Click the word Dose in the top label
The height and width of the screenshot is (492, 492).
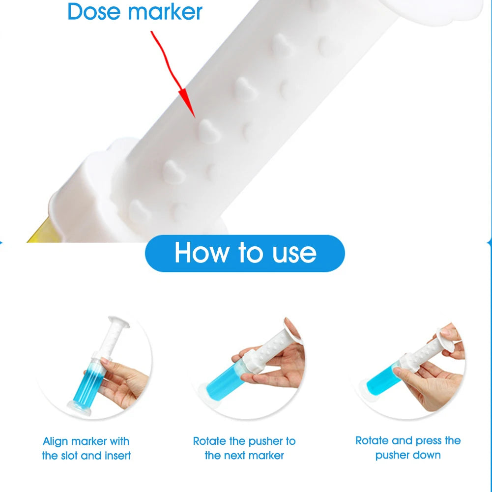tap(94, 12)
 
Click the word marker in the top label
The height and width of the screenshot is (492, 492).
tap(165, 12)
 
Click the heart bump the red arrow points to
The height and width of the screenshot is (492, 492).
tap(209, 131)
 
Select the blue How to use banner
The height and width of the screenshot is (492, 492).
tap(245, 253)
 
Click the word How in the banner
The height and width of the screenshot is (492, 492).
tap(202, 253)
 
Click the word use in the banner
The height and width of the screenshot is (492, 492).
tap(294, 254)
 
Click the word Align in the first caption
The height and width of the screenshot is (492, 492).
tap(55, 441)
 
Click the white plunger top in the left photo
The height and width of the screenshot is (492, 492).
tap(119, 322)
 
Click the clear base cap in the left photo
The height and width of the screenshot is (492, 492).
tap(79, 409)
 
